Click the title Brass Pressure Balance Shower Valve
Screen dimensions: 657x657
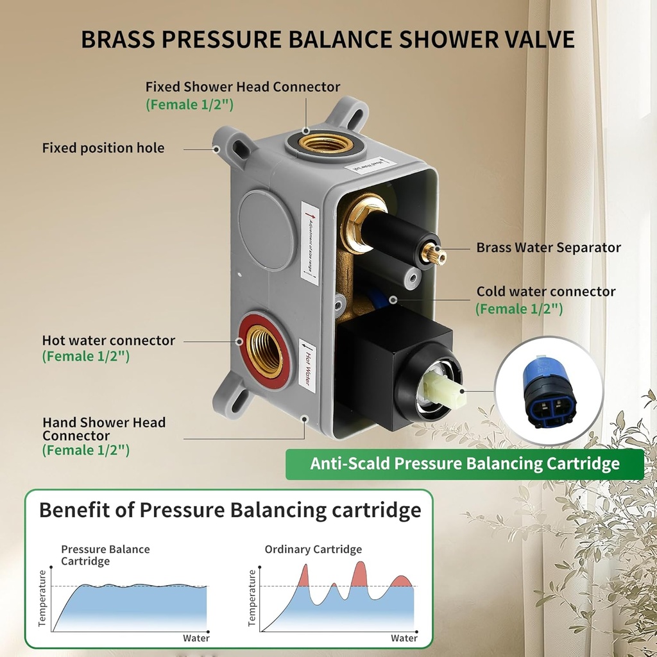pyautogui.click(x=328, y=39)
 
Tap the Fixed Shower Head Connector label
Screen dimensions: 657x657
pyautogui.click(x=243, y=87)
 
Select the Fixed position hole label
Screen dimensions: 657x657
pyautogui.click(x=103, y=148)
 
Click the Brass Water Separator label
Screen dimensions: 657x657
pyautogui.click(x=549, y=248)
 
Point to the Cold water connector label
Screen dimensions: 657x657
pyautogui.click(x=546, y=292)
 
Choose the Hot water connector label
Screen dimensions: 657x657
pyautogui.click(x=108, y=341)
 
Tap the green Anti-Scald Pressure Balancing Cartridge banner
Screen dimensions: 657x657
pyautogui.click(x=465, y=463)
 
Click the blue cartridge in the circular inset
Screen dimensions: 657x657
pyautogui.click(x=549, y=391)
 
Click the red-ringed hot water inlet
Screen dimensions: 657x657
pyautogui.click(x=264, y=351)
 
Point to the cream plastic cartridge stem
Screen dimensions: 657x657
pyautogui.click(x=441, y=389)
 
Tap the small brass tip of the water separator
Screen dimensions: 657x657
pyautogui.click(x=440, y=254)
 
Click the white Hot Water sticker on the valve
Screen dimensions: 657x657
pyautogui.click(x=307, y=365)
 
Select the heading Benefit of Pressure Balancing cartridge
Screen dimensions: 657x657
pyautogui.click(x=230, y=510)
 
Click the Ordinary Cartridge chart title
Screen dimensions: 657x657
pyautogui.click(x=313, y=549)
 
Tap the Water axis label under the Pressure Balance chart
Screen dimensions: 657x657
pyautogui.click(x=196, y=638)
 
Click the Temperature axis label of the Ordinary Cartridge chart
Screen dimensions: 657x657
pyautogui.click(x=252, y=597)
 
